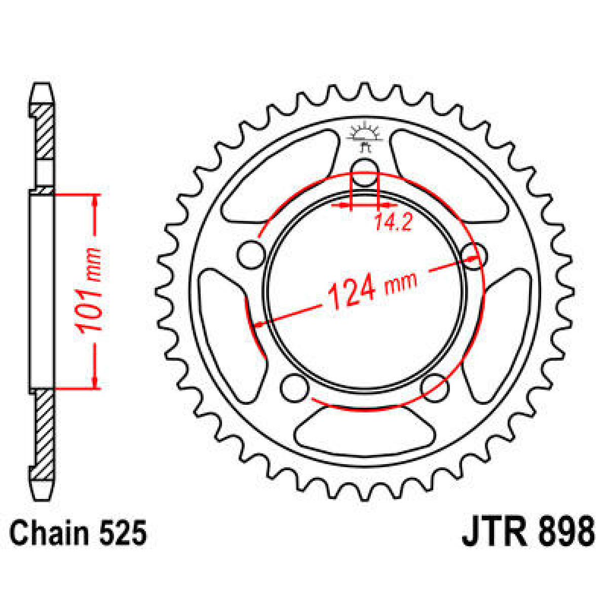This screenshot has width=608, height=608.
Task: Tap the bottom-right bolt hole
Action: [435, 388]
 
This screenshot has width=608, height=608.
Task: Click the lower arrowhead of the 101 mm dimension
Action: [94, 382]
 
